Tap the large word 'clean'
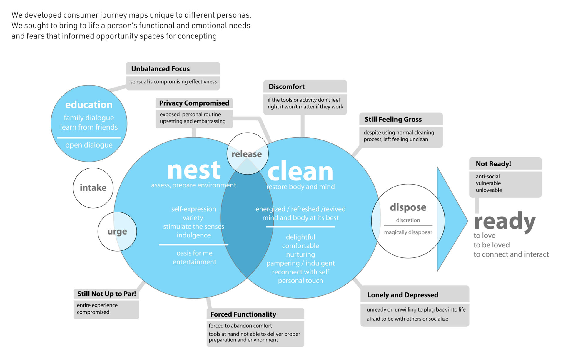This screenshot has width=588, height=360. point(300,172)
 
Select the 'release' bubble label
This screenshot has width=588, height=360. point(247,154)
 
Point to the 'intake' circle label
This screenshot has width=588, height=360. point(93,188)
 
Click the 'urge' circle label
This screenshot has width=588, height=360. point(117,232)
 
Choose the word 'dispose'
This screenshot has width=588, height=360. point(408,207)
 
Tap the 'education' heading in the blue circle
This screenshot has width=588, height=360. point(89,105)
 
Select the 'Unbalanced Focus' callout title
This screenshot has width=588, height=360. point(161,69)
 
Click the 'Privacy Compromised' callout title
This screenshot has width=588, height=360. point(194,103)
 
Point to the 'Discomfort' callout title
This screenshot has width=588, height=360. point(287,87)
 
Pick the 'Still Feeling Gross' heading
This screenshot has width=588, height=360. point(393,119)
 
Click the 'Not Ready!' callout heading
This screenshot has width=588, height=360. point(493,164)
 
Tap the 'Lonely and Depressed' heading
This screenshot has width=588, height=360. point(403,295)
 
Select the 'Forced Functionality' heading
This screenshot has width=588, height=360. point(243,314)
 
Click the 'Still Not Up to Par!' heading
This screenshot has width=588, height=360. point(106,294)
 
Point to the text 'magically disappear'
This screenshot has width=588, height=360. point(408,232)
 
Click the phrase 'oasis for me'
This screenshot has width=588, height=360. point(194,253)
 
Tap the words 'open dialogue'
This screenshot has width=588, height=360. point(89,145)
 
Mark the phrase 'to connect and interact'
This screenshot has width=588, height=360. point(511,254)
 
